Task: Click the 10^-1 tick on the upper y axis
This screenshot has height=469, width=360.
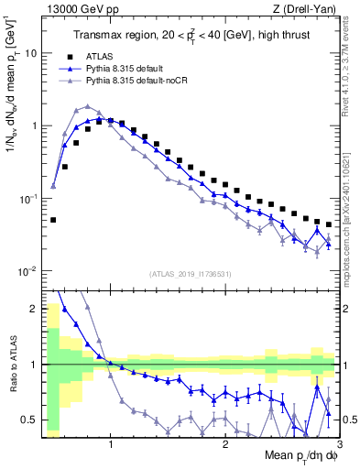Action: pos(28,198)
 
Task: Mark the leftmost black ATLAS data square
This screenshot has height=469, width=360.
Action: pos(53,220)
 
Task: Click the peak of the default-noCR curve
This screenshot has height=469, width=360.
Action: pos(87,106)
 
